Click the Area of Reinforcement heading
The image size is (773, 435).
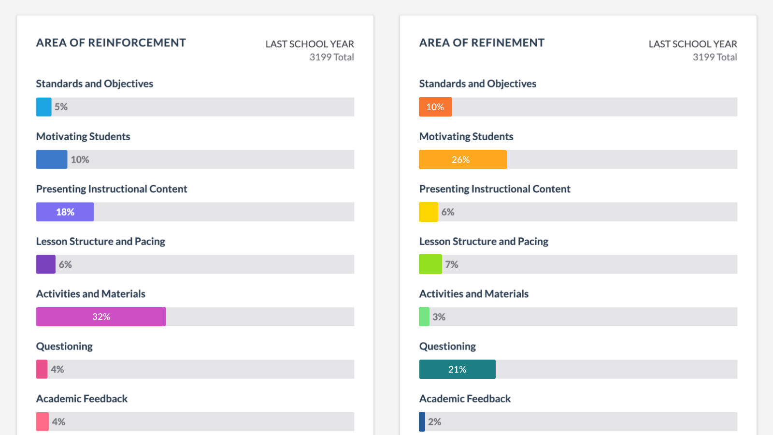(x=111, y=43)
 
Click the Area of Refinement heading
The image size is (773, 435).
(x=482, y=43)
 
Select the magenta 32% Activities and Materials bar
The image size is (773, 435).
(x=100, y=317)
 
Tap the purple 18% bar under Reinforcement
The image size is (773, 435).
(x=65, y=212)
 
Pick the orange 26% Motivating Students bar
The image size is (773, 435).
(x=462, y=159)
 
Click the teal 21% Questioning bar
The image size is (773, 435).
(x=457, y=369)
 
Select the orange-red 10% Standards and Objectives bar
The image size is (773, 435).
(x=435, y=107)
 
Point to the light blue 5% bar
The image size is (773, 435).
(x=43, y=107)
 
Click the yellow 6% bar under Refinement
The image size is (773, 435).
(x=428, y=212)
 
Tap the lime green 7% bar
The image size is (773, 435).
(x=430, y=264)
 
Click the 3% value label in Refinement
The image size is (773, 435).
(x=439, y=317)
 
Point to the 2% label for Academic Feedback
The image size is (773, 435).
(x=434, y=422)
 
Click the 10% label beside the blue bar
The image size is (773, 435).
(x=80, y=159)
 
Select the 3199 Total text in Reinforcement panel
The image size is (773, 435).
(x=331, y=57)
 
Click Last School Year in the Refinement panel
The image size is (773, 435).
(x=692, y=44)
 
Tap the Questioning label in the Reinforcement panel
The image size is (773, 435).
(x=64, y=346)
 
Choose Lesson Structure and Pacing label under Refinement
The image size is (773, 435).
(x=484, y=241)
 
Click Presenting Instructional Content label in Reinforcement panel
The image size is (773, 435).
(x=111, y=189)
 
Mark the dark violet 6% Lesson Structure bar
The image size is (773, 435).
(x=45, y=264)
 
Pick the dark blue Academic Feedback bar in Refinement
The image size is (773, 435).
(x=422, y=421)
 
